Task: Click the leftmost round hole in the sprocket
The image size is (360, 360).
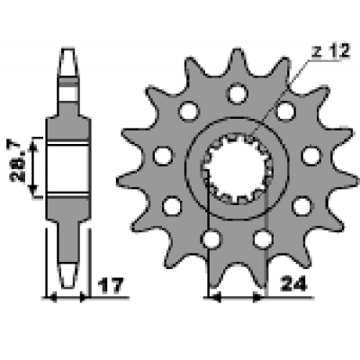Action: click(163, 156)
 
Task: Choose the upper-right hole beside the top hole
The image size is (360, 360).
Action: click(285, 112)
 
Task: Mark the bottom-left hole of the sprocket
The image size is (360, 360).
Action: click(211, 238)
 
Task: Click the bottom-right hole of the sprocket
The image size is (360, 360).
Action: click(262, 238)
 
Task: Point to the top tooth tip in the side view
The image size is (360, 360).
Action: click(68, 52)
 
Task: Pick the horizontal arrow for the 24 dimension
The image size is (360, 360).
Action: click(236, 295)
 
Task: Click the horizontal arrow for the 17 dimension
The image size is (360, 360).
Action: click(68, 295)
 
